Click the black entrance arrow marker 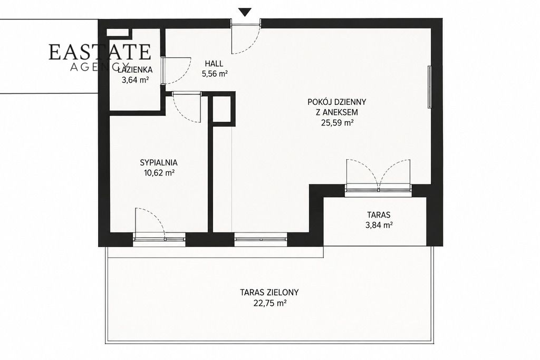[x=245, y=12]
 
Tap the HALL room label [x=214, y=64]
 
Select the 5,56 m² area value [x=215, y=74]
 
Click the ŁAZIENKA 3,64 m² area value [x=135, y=80]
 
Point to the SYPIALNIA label [x=159, y=162]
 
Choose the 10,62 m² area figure [x=159, y=173]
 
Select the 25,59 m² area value [x=337, y=123]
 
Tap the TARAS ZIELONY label [x=269, y=293]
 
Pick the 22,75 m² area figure [x=270, y=303]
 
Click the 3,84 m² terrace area [x=379, y=226]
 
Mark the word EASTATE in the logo [x=100, y=52]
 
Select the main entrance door [x=245, y=37]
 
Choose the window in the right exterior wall [x=429, y=87]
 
